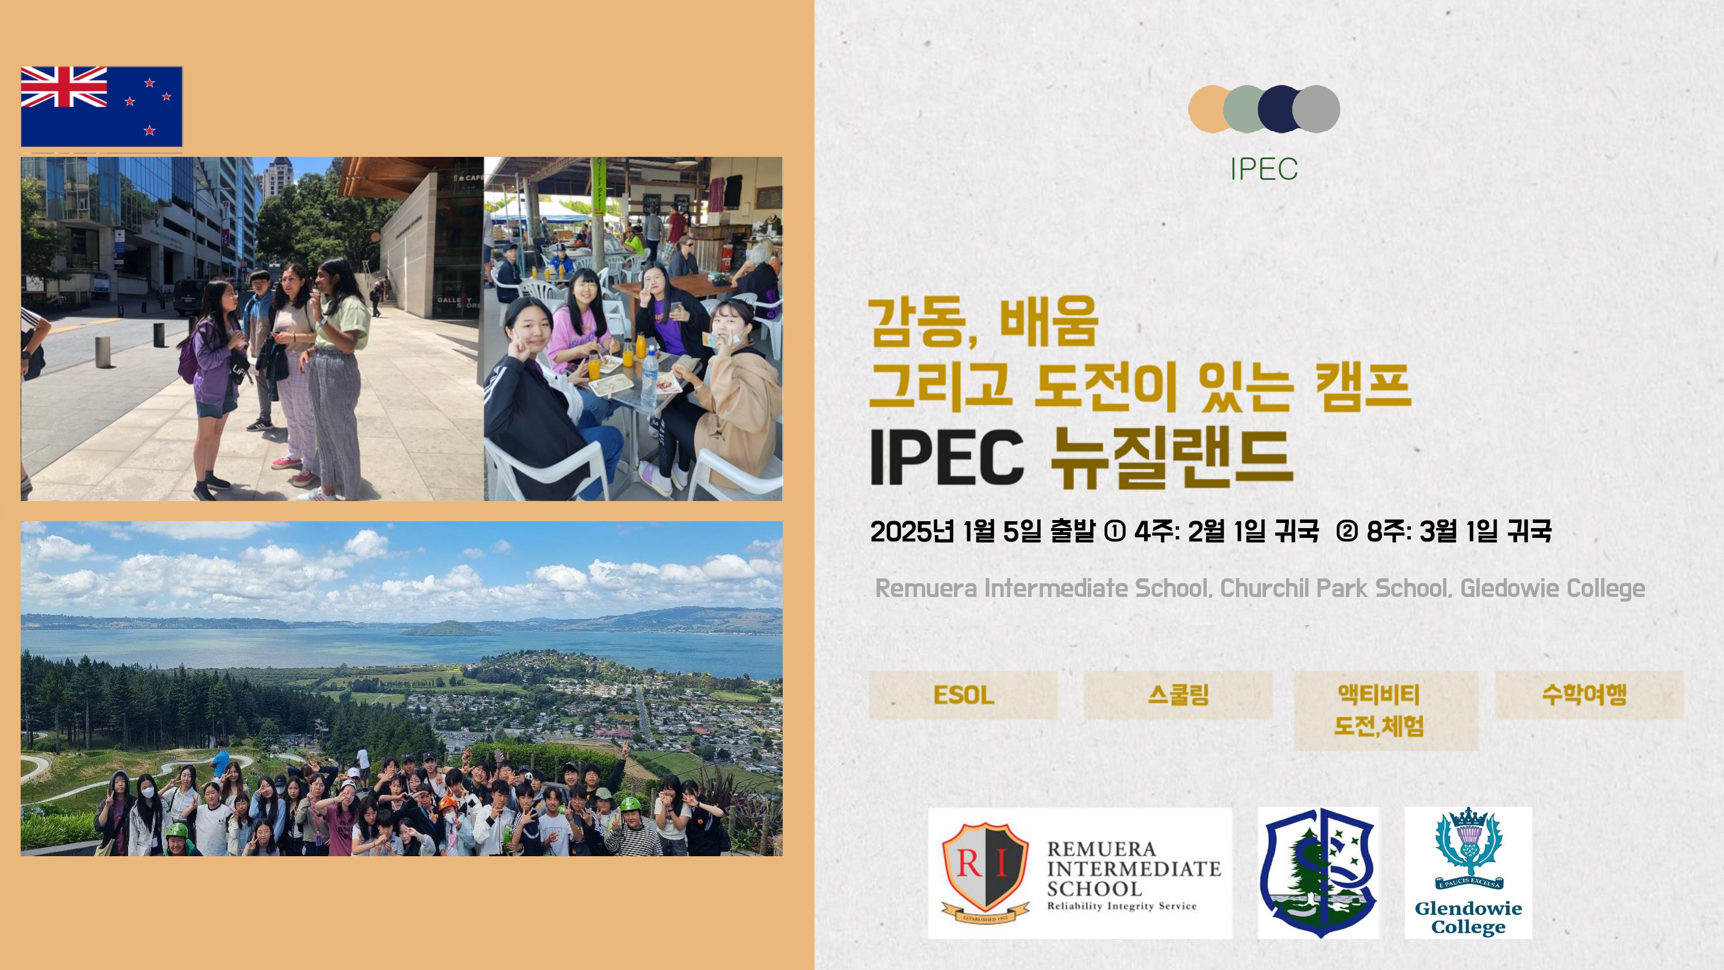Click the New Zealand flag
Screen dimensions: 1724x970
pos(102,106)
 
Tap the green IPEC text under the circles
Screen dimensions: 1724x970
pos(1264,169)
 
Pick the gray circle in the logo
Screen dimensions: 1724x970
pos(1317,109)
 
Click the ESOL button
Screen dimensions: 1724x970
pos(963,695)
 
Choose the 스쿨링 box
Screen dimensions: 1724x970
pos(1178,695)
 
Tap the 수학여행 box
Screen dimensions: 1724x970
pos(1589,695)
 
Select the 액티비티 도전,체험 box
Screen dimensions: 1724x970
pos(1386,710)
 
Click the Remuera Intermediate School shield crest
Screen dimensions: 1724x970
pos(985,872)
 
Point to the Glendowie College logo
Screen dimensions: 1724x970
pos(1468,872)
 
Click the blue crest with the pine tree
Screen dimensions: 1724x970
pos(1318,872)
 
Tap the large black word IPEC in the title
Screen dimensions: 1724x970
pos(947,457)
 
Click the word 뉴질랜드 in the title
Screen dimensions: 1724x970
pos(1171,457)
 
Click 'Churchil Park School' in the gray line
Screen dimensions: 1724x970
pos(1335,588)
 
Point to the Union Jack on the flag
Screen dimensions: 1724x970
pos(64,86)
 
